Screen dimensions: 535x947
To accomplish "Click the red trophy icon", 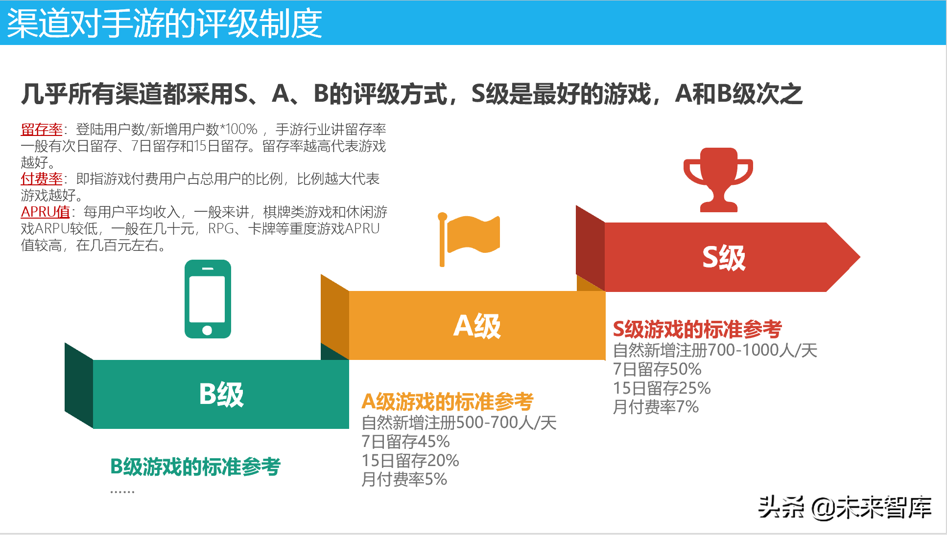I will pos(718,179).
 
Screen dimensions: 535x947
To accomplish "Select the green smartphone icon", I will pos(208,299).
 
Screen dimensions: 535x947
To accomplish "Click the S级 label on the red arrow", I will pos(724,257).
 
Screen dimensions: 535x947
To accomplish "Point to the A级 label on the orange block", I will pos(477,326).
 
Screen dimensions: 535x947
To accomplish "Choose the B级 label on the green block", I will pos(221,394).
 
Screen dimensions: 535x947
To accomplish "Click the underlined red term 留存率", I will pos(42,129).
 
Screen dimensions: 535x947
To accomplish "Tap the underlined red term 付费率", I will pos(42,178).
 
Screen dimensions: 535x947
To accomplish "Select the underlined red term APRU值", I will pos(45,212).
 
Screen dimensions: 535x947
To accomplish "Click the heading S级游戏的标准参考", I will pos(697,329).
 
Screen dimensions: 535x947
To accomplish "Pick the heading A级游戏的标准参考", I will pos(447,401).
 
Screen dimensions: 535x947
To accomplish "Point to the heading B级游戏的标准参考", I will pos(195,467).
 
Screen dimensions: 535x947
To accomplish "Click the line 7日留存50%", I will pos(657,369).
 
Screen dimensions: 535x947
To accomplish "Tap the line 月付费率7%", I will pos(656,407).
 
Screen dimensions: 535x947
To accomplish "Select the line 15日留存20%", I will pos(410,460).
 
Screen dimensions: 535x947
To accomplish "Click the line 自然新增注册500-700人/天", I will pos(459,422).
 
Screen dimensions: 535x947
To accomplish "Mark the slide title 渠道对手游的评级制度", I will pos(165,23).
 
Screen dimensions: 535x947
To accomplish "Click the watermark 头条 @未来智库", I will pos(845,507).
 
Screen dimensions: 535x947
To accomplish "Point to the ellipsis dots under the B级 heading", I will pos(122,491).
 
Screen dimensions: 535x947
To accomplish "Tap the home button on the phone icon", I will pos(207,330).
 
